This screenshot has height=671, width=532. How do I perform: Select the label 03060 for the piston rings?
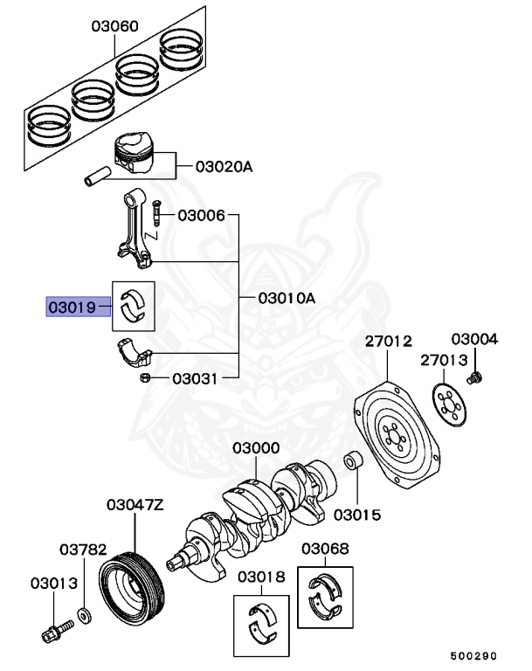coord(114,27)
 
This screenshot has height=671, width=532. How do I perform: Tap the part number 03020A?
coord(224,165)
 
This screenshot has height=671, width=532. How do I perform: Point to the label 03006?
coord(202,215)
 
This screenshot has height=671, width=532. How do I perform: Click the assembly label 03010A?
coord(287,298)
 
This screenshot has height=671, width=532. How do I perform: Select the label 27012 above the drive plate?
coord(388,342)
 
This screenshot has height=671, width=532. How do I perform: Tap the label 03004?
coord(475,339)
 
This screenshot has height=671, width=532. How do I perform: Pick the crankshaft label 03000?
coord(256,448)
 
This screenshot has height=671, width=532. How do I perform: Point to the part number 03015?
coord(356,515)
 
